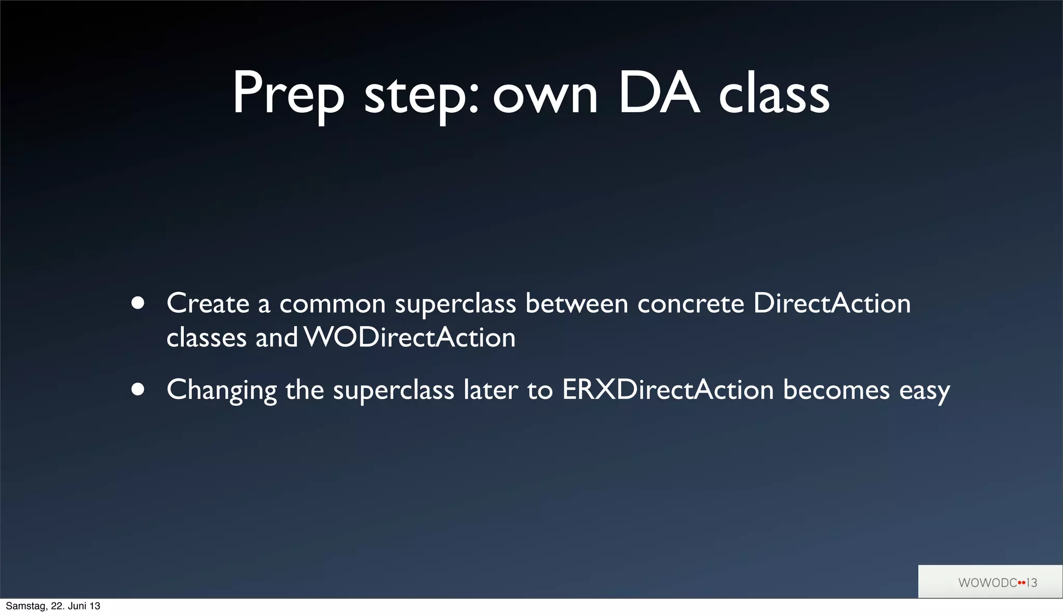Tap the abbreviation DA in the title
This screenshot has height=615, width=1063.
point(659,93)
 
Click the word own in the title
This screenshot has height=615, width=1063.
point(545,96)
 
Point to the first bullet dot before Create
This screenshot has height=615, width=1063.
point(138,303)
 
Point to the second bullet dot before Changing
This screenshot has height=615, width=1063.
point(138,390)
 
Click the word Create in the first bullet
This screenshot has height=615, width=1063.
point(208,303)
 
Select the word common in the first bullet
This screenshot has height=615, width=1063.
point(332,304)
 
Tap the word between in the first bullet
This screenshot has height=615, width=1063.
point(577,303)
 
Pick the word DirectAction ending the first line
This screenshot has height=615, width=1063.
point(832,303)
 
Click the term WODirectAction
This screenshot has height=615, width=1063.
point(410,338)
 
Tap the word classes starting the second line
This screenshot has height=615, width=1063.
point(206,339)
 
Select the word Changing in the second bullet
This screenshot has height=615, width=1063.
point(222,391)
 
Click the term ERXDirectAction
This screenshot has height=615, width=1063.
point(668,390)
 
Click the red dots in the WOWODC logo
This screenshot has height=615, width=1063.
point(1021,583)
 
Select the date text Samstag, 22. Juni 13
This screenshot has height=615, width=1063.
point(53,606)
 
